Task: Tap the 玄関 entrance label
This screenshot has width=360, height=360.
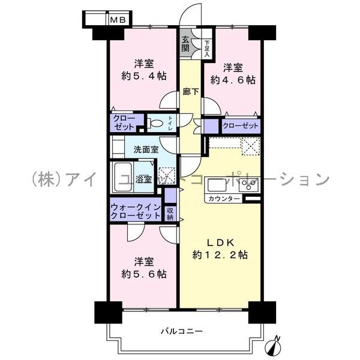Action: pyautogui.click(x=185, y=43)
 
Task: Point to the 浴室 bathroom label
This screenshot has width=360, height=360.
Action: pyautogui.click(x=143, y=179)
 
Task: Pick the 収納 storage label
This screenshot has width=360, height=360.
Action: pyautogui.click(x=171, y=214)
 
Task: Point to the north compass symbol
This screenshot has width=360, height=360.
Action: pyautogui.click(x=275, y=346)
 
